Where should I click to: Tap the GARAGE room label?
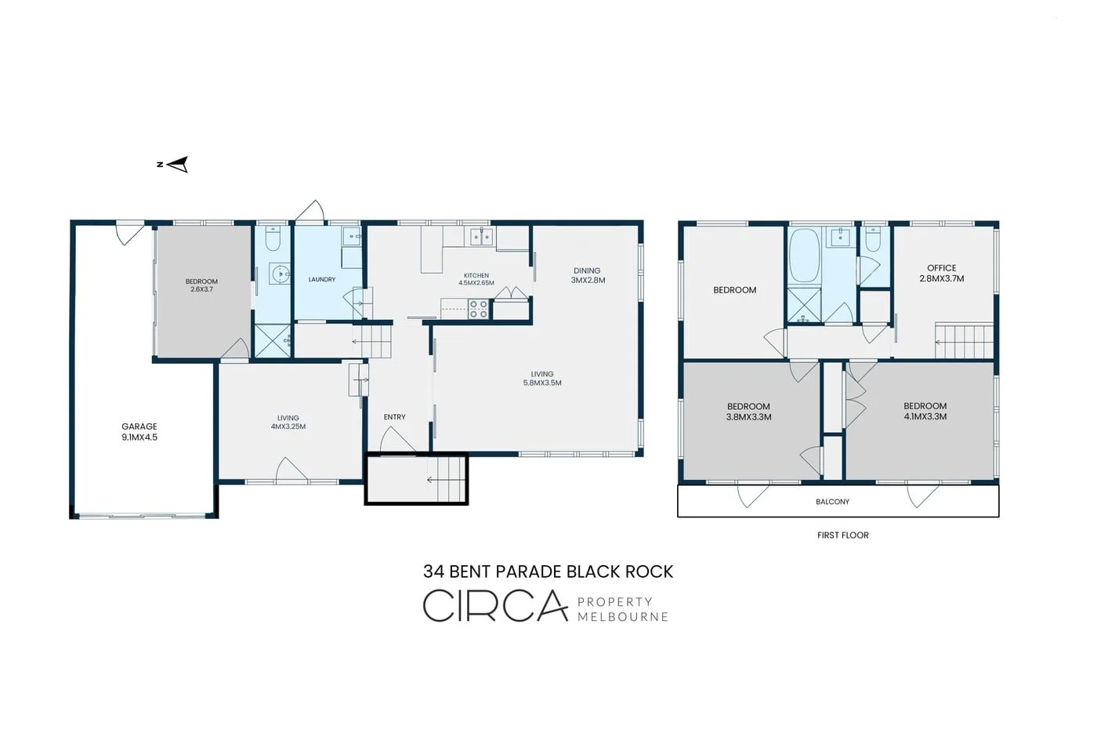coord(139,432)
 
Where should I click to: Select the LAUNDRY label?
coord(322,279)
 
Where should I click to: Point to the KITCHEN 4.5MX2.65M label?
coord(476,279)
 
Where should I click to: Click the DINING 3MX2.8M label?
coord(588,275)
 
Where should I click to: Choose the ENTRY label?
coord(394,417)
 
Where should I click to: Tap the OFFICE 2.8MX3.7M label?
coord(941,273)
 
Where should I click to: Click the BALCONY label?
coord(832,502)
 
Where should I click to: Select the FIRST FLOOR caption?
coord(843,535)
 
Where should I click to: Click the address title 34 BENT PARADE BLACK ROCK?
coord(548,572)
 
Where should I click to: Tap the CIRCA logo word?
coord(495,605)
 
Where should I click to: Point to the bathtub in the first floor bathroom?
coord(804,256)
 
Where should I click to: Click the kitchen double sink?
coord(483,236)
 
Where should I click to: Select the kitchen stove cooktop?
coord(479,309)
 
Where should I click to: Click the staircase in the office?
coord(964,341)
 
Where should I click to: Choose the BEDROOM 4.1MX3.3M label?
coord(925,412)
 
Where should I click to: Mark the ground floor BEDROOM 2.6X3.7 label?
coord(201,285)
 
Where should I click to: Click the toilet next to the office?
coord(873,240)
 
